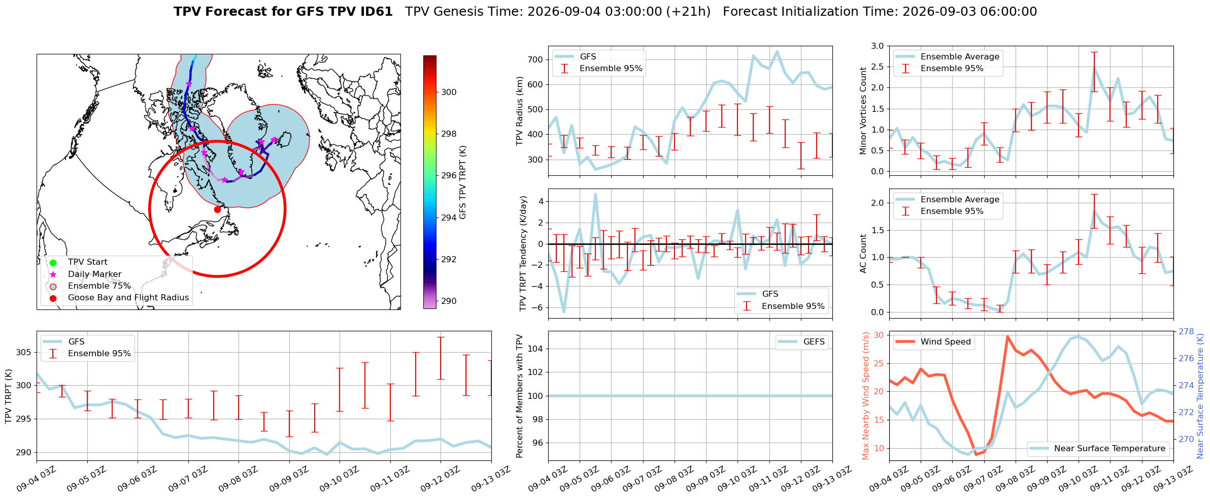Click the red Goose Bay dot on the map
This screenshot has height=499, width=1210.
pos(217,209)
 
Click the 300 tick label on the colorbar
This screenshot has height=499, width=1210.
pos(449,92)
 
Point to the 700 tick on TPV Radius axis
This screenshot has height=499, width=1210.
pos(535,59)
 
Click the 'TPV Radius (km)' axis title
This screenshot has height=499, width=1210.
pos(519,111)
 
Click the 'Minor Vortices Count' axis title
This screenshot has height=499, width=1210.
pos(863,111)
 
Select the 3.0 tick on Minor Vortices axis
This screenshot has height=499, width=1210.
pos(878,46)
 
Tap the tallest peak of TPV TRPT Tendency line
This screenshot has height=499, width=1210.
pos(595,194)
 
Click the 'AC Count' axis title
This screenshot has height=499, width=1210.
pos(863,254)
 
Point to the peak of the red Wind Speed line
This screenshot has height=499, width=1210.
pos(1007,336)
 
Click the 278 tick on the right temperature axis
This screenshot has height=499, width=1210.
pos(1186,331)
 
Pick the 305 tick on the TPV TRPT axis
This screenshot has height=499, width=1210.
pos(24,352)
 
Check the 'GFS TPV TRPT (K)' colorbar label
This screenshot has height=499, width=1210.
pos(463,182)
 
